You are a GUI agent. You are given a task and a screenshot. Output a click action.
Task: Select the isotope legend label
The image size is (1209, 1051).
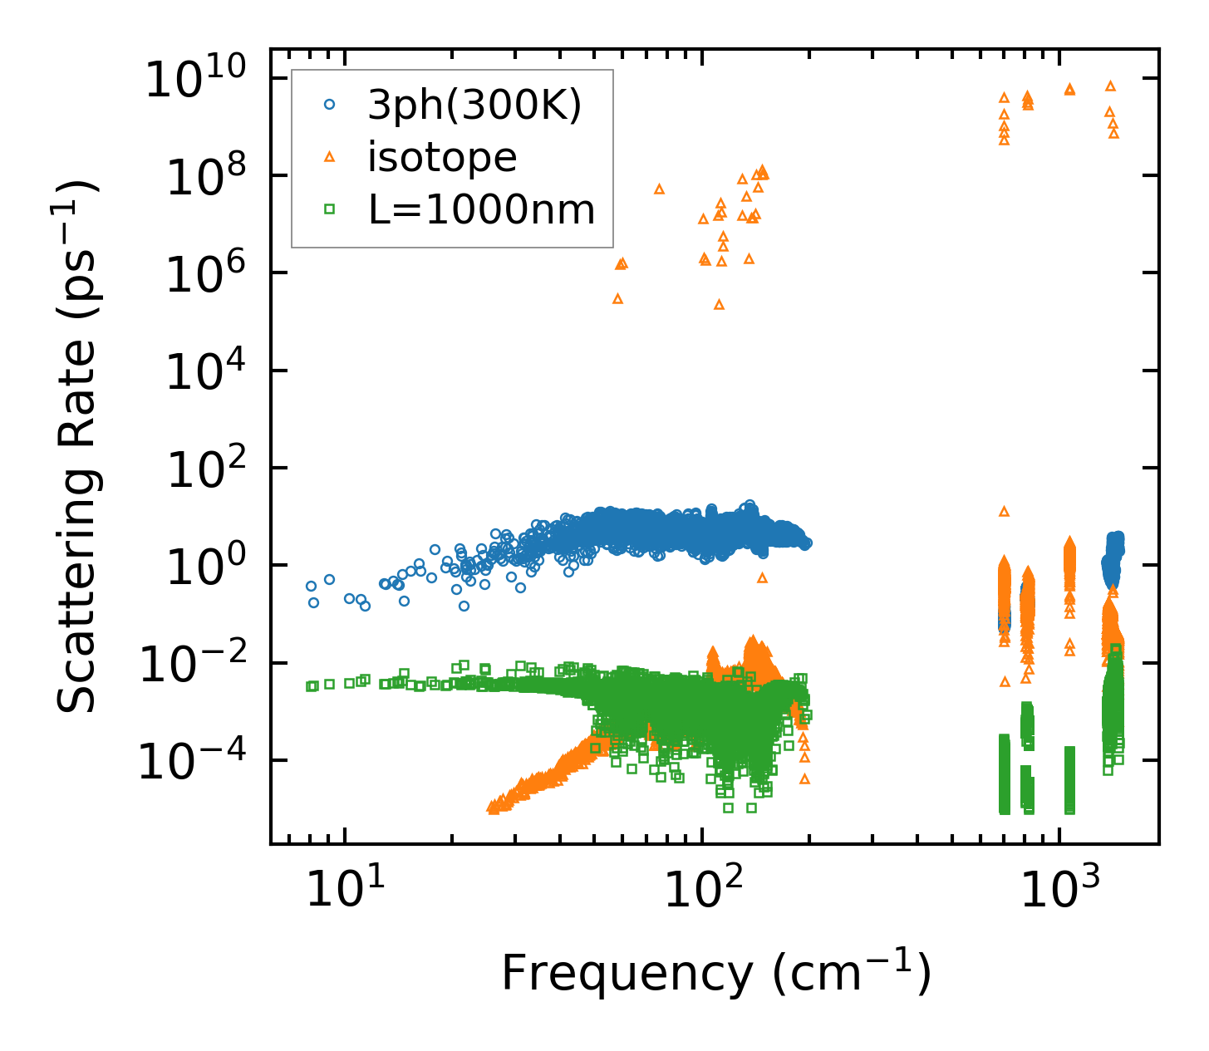point(442,158)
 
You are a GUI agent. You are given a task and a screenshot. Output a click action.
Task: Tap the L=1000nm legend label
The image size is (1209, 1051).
point(482,210)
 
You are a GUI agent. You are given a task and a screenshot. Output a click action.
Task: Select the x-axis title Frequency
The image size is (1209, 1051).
point(715,973)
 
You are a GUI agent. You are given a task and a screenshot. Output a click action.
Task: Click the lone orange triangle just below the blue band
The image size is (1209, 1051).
point(762,577)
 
